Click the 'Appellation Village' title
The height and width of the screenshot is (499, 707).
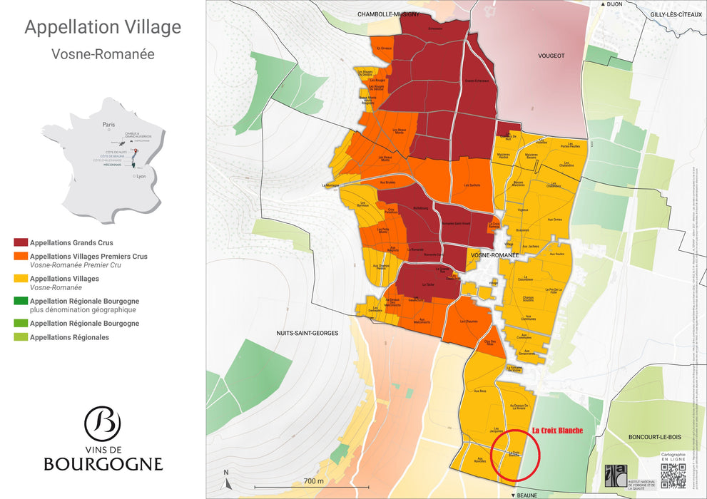point(103,28)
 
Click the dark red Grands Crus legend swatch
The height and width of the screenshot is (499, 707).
point(21,243)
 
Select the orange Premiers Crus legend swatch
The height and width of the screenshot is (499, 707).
point(21,257)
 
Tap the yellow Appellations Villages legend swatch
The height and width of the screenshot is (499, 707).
point(21,279)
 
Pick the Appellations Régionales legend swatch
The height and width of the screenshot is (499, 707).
point(21,337)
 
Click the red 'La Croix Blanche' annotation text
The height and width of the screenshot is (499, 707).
point(557,431)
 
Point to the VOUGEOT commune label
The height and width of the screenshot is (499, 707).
point(550,56)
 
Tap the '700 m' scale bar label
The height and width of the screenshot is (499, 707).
point(314,481)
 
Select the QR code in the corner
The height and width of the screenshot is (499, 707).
point(673,475)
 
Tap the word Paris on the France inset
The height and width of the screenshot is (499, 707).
point(108,123)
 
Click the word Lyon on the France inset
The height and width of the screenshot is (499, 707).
point(141,175)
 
